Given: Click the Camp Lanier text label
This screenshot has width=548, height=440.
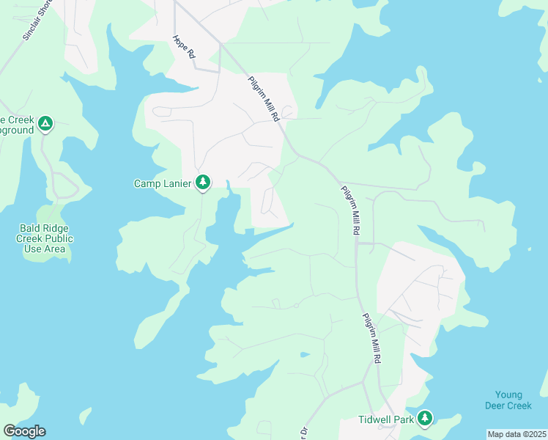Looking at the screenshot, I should [x=163, y=183].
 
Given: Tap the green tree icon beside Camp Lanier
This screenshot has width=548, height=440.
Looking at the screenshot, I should [x=203, y=182].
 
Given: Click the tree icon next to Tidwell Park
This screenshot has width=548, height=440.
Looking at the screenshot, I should [x=424, y=419].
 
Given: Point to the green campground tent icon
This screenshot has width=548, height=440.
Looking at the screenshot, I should [x=45, y=123].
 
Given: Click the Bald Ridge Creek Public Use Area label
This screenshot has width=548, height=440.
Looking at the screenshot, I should [x=45, y=238].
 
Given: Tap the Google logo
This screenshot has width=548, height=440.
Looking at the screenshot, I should [x=24, y=431].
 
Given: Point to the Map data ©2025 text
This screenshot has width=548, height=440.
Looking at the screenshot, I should [x=516, y=434].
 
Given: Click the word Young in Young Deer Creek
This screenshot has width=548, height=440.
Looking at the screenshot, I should [x=508, y=395].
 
